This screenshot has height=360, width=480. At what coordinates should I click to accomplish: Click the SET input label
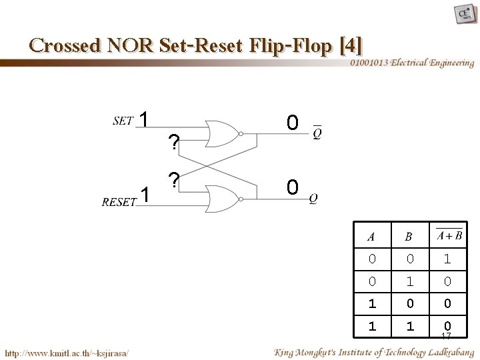click(123, 121)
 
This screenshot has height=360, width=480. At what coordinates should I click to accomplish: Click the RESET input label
click(119, 202)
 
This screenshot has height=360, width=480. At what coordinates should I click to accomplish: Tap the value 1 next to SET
click(143, 120)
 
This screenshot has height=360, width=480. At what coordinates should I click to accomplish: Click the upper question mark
click(174, 142)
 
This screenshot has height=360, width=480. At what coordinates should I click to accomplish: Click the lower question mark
click(174, 181)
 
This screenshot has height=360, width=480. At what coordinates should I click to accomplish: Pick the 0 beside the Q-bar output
click(291, 123)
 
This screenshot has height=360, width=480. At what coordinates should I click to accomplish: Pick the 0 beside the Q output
click(291, 187)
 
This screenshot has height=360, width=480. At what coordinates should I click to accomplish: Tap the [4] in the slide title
click(351, 45)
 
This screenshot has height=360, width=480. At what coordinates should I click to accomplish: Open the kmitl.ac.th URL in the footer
click(67, 351)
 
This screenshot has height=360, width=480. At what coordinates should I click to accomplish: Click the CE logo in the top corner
click(463, 14)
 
